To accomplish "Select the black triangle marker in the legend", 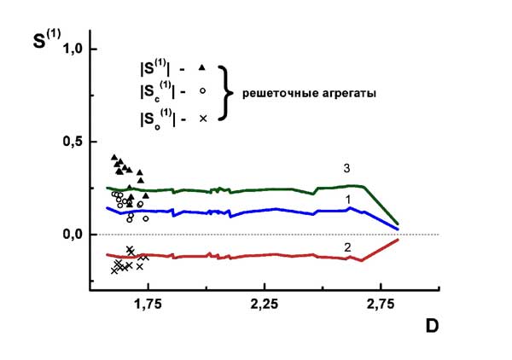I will (202, 67).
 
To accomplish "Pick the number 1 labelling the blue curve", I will (349, 198).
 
